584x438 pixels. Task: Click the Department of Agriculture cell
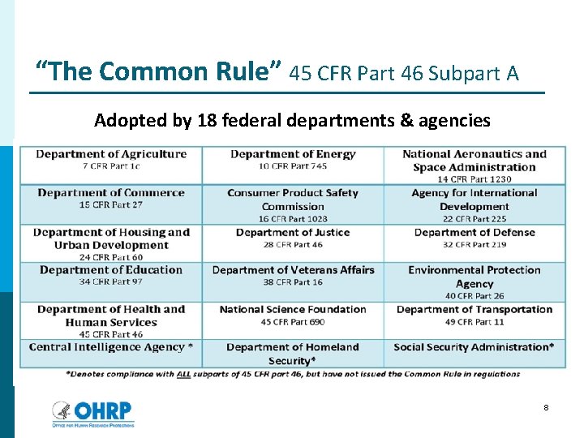click(x=111, y=160)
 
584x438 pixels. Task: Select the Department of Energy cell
click(x=293, y=160)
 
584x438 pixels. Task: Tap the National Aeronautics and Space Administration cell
click(x=474, y=166)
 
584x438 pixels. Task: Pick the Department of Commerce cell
click(x=111, y=199)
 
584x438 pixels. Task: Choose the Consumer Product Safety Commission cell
click(x=293, y=205)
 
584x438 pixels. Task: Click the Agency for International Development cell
click(x=474, y=205)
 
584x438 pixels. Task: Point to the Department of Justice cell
click(x=293, y=238)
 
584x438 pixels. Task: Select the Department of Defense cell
click(x=474, y=238)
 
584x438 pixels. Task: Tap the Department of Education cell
click(x=111, y=275)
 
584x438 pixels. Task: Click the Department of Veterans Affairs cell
click(x=293, y=275)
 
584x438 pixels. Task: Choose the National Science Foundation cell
click(x=293, y=315)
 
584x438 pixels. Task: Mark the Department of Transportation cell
click(x=474, y=315)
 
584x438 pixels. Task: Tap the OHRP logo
click(x=92, y=413)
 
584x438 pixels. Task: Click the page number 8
click(x=546, y=407)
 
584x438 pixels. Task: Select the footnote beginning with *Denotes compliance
click(x=292, y=374)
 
